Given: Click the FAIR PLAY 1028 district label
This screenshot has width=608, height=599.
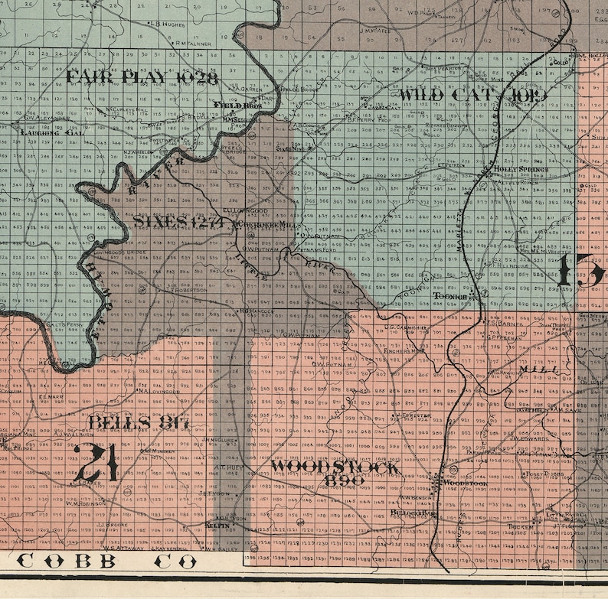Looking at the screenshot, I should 142,77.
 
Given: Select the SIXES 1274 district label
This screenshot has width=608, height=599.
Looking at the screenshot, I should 177,222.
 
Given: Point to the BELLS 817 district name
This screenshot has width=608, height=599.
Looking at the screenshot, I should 139,422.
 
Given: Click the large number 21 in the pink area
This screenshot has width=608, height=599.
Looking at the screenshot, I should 98,463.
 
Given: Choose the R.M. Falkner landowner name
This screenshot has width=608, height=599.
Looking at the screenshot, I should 193,44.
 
